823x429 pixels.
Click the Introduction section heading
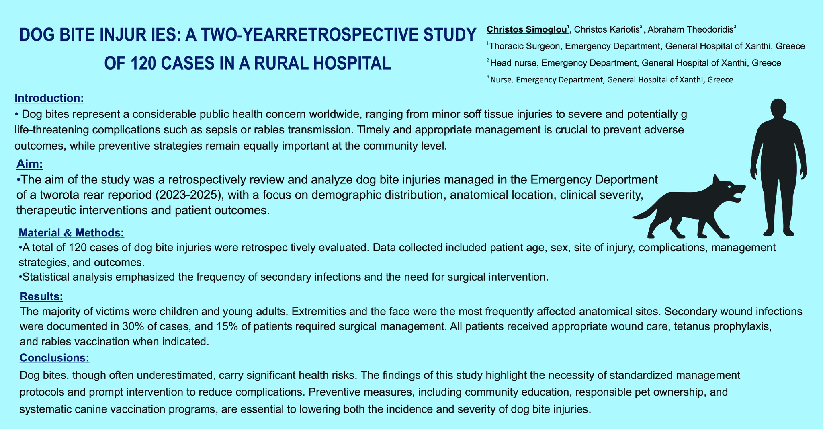click(49, 98)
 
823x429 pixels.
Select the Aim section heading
click(30, 164)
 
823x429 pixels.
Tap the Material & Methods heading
click(72, 232)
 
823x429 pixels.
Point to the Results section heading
click(41, 296)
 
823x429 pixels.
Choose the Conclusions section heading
click(54, 357)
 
